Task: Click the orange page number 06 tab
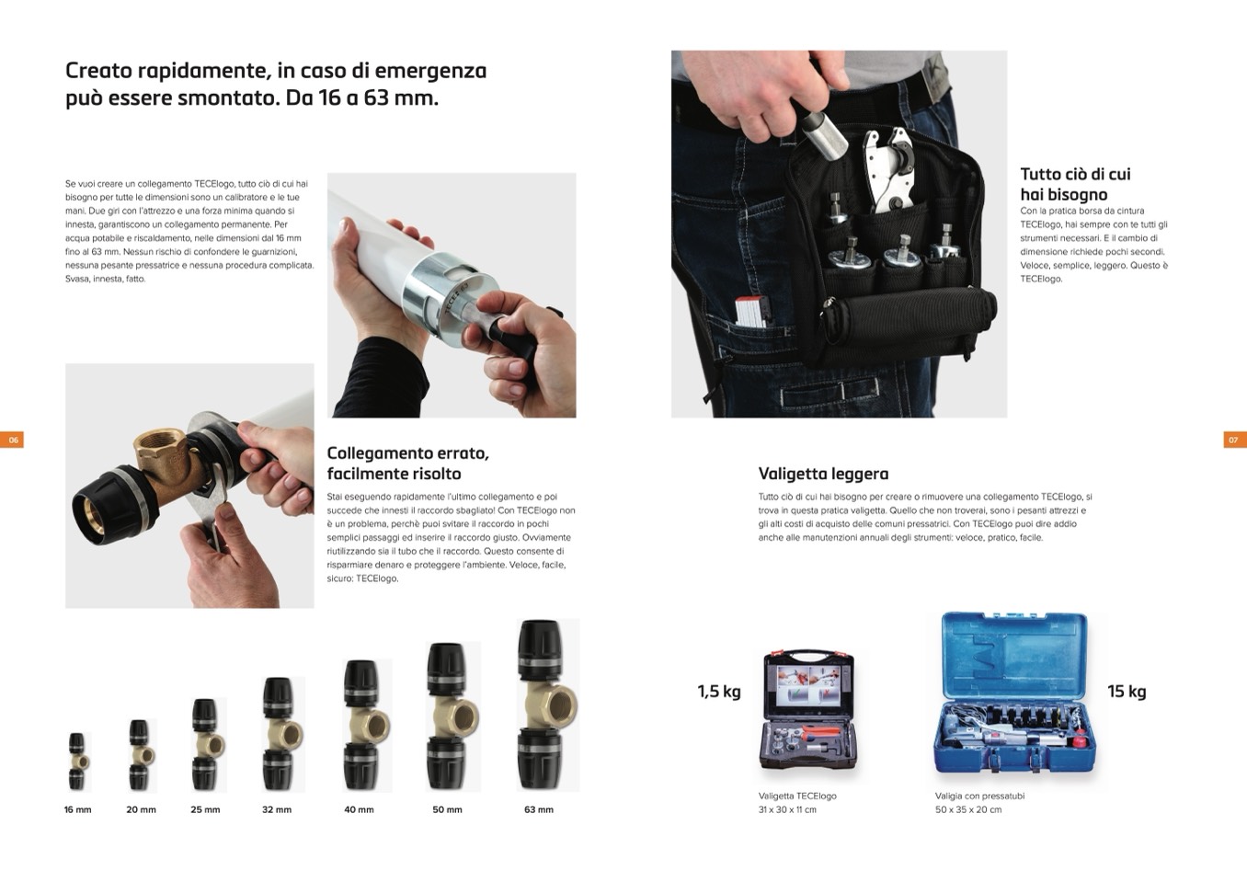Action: coord(12,440)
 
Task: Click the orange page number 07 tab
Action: coord(1235,440)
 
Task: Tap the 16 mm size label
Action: coord(78,809)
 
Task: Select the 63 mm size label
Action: coord(539,809)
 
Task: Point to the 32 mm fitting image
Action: coord(283,734)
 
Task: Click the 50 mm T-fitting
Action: coord(452,717)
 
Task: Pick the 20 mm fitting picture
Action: coord(142,755)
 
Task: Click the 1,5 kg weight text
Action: coord(719,692)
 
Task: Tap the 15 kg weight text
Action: coord(1127,692)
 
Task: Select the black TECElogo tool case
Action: coord(808,711)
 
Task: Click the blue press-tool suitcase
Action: coord(1014,693)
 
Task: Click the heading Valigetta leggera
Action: coord(823,474)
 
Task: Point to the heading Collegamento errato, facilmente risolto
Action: coord(408,464)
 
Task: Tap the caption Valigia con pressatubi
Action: coord(979,796)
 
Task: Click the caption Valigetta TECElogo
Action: coord(797,796)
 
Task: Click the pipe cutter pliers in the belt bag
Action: coord(889,170)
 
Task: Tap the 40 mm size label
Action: coord(359,809)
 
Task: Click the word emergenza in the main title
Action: coord(431,71)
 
